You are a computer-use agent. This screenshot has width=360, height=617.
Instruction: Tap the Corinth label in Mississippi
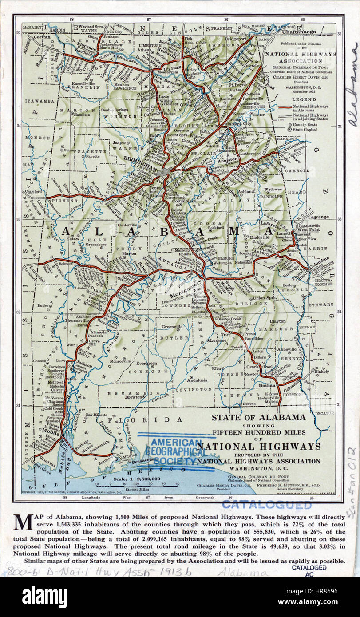pos(42,38)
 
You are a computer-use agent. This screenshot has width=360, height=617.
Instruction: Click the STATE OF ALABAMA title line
pos(258,417)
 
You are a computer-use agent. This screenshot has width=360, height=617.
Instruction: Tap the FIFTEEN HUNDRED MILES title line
pos(258,432)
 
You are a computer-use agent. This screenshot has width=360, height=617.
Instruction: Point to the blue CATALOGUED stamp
pos(267,505)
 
